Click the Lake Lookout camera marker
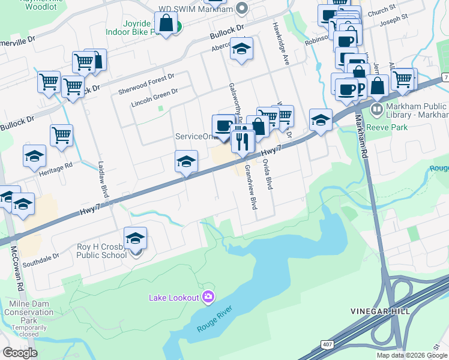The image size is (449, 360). (208, 297)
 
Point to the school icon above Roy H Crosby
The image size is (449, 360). (136, 239)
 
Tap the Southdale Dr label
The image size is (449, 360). (41, 260)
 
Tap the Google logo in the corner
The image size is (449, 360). (20, 353)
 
